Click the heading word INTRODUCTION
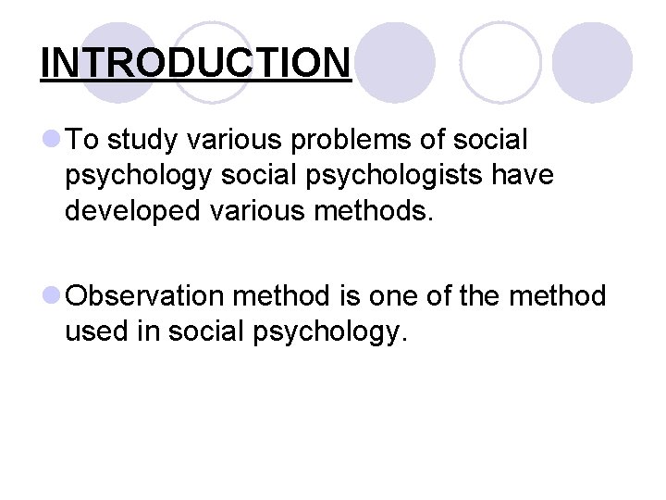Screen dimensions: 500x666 [196, 63]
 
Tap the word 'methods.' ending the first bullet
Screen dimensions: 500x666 [380, 211]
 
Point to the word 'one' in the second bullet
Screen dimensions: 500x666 [395, 296]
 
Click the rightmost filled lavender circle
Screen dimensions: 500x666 [592, 62]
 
